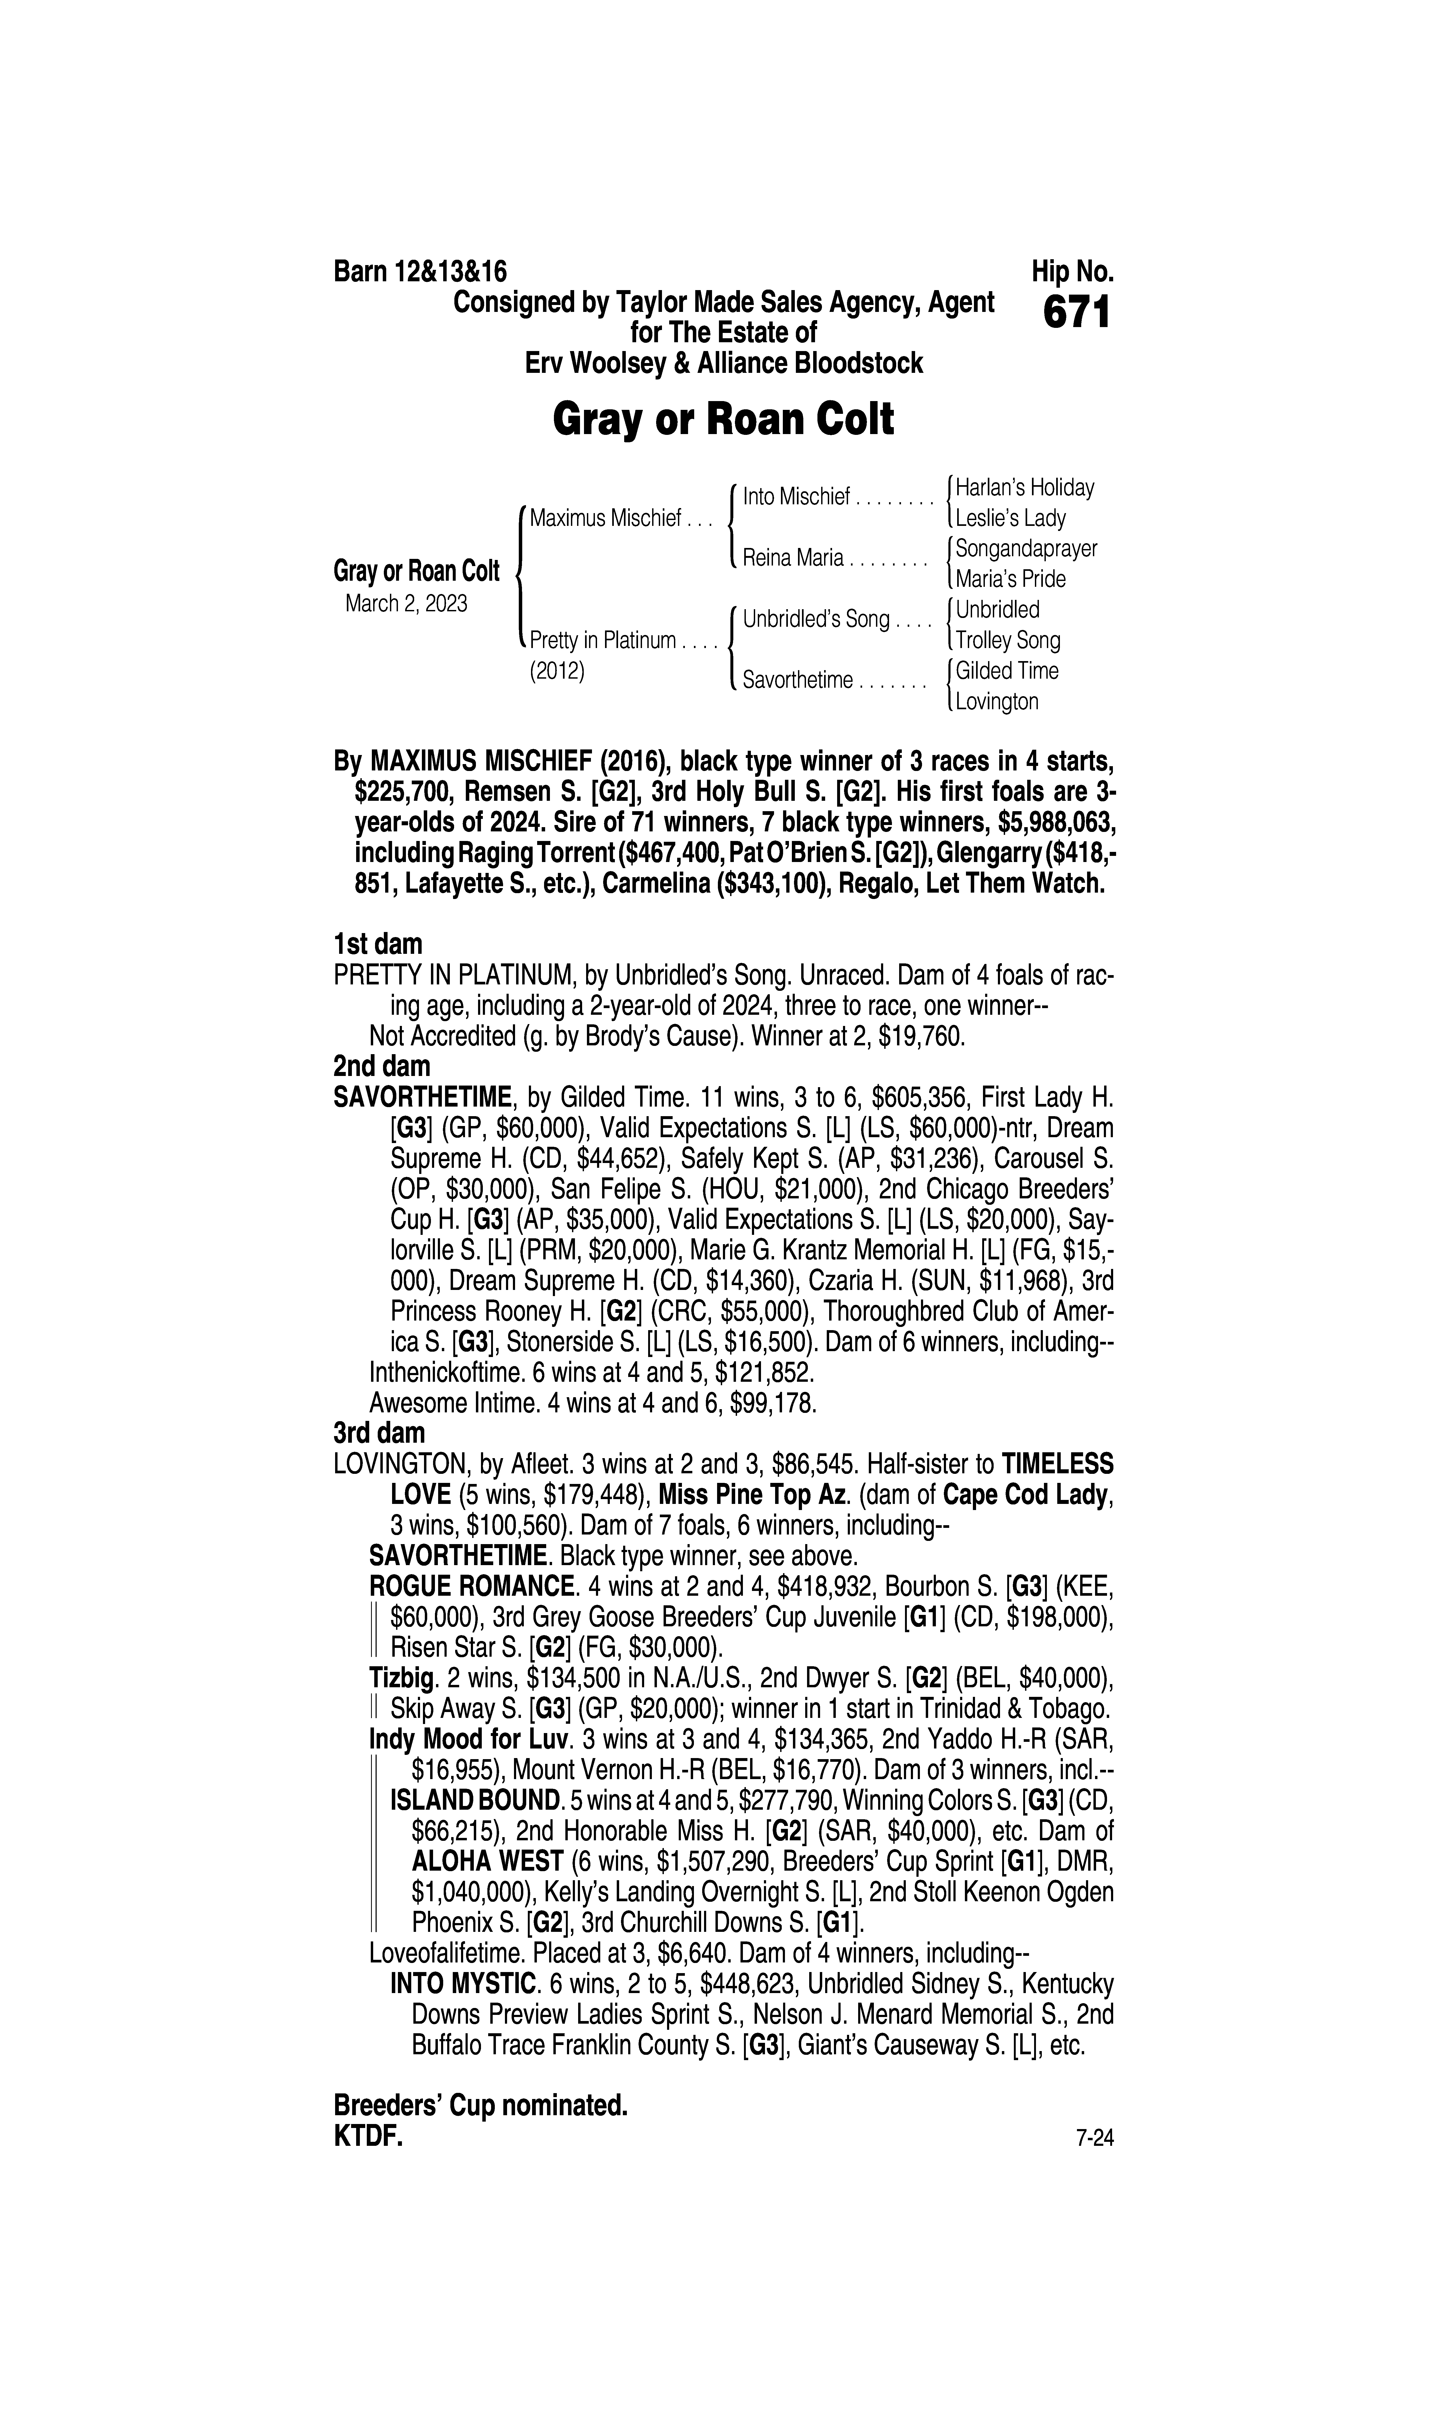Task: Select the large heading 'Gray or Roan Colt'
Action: [x=723, y=420]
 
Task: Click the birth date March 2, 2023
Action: [x=406, y=604]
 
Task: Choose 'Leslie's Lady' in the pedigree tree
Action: [x=1011, y=518]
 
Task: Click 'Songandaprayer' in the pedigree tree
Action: [x=1026, y=548]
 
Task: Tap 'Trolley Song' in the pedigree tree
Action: [x=1008, y=641]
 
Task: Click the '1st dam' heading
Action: [x=379, y=944]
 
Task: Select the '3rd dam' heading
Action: [x=380, y=1433]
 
